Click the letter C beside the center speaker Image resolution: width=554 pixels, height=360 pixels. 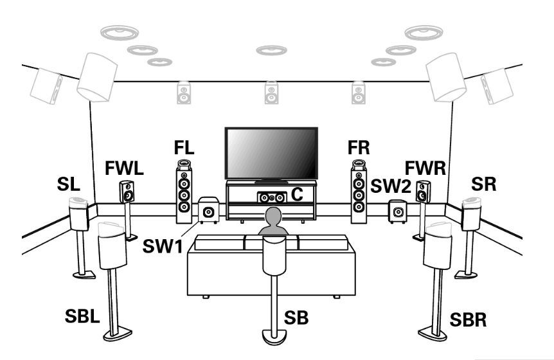coord(295,194)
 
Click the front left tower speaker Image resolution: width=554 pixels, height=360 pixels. coord(184,189)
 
